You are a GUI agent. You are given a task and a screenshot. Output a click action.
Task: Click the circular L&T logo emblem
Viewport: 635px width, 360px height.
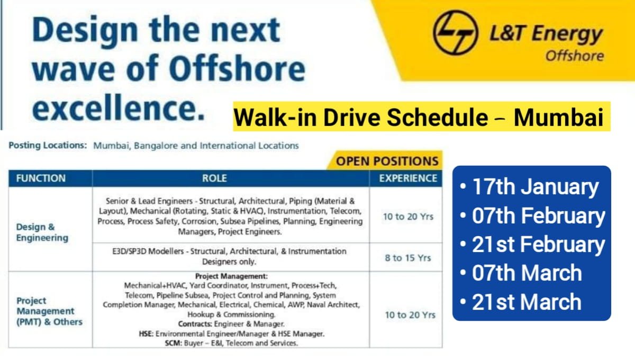(x=456, y=32)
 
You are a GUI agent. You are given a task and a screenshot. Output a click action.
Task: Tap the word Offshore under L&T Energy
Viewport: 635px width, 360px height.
(x=574, y=56)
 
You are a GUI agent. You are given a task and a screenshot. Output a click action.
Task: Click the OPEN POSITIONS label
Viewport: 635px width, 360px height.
(x=387, y=161)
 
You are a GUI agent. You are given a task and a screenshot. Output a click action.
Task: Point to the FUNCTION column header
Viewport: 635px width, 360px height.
(x=41, y=178)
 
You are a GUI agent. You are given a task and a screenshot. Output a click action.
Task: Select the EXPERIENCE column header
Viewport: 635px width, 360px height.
(x=408, y=178)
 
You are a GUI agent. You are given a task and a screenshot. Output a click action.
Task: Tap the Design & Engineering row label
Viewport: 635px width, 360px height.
(x=42, y=232)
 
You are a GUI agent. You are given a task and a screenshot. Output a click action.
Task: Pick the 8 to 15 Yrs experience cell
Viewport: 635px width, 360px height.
(x=408, y=258)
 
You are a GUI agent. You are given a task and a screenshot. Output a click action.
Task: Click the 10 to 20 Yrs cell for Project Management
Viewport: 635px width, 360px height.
(x=410, y=315)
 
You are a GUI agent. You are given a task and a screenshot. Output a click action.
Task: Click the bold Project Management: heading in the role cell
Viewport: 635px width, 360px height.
(x=231, y=276)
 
